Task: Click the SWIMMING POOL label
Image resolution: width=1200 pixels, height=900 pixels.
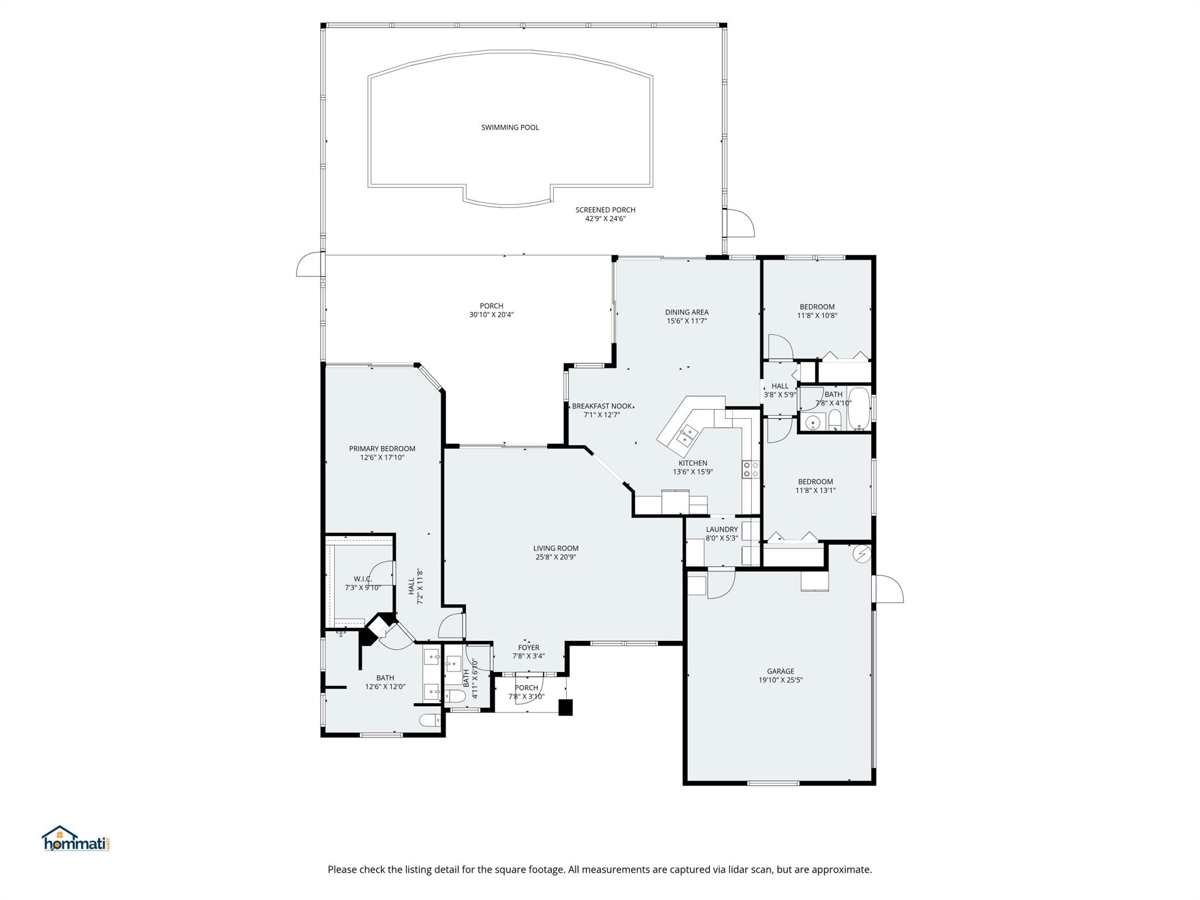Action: pos(510,127)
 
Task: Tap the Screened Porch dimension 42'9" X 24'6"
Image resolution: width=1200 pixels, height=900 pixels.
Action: pos(605,219)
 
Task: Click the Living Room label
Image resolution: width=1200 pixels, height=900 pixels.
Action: pos(555,548)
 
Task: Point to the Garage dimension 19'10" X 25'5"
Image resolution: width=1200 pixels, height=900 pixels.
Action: pos(780,680)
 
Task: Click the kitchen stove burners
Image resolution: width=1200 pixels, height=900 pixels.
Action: pos(751,469)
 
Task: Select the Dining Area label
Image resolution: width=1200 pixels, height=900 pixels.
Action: pos(687,312)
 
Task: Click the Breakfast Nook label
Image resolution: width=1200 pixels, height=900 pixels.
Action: pos(602,406)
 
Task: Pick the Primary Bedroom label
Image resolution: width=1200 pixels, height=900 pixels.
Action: pos(382,449)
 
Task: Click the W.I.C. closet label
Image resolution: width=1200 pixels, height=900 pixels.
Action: pos(363,579)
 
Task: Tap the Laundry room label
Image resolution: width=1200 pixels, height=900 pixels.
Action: pos(721,529)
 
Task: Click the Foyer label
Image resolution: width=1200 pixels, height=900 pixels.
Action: pos(529,647)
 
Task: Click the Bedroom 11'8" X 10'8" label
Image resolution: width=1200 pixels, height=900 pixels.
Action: pos(817,306)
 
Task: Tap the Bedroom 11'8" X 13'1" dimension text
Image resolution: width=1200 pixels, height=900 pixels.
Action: pos(815,490)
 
